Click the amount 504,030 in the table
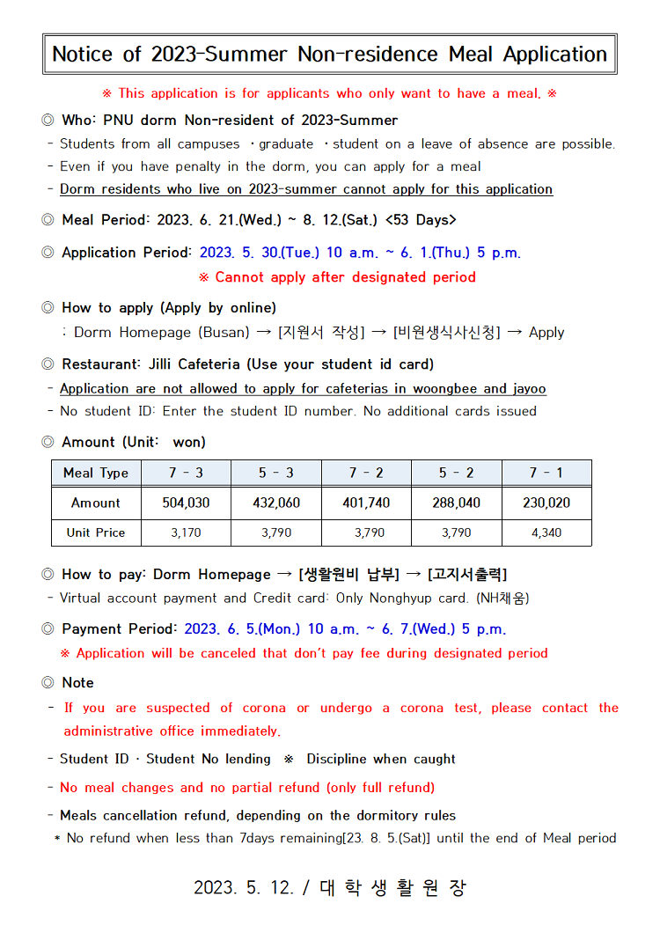pos(186,503)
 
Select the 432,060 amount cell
pos(276,503)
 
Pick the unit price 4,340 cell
pos(546,533)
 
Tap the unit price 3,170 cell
pos(186,533)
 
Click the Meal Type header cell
pos(96,473)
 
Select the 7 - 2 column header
pos(366,473)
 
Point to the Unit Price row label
pos(96,533)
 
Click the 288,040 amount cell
pos(456,503)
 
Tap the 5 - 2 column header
pos(456,473)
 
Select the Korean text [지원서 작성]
pos(319,332)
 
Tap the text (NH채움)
pos(502,598)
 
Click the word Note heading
pos(77,682)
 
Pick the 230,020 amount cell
pos(546,503)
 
